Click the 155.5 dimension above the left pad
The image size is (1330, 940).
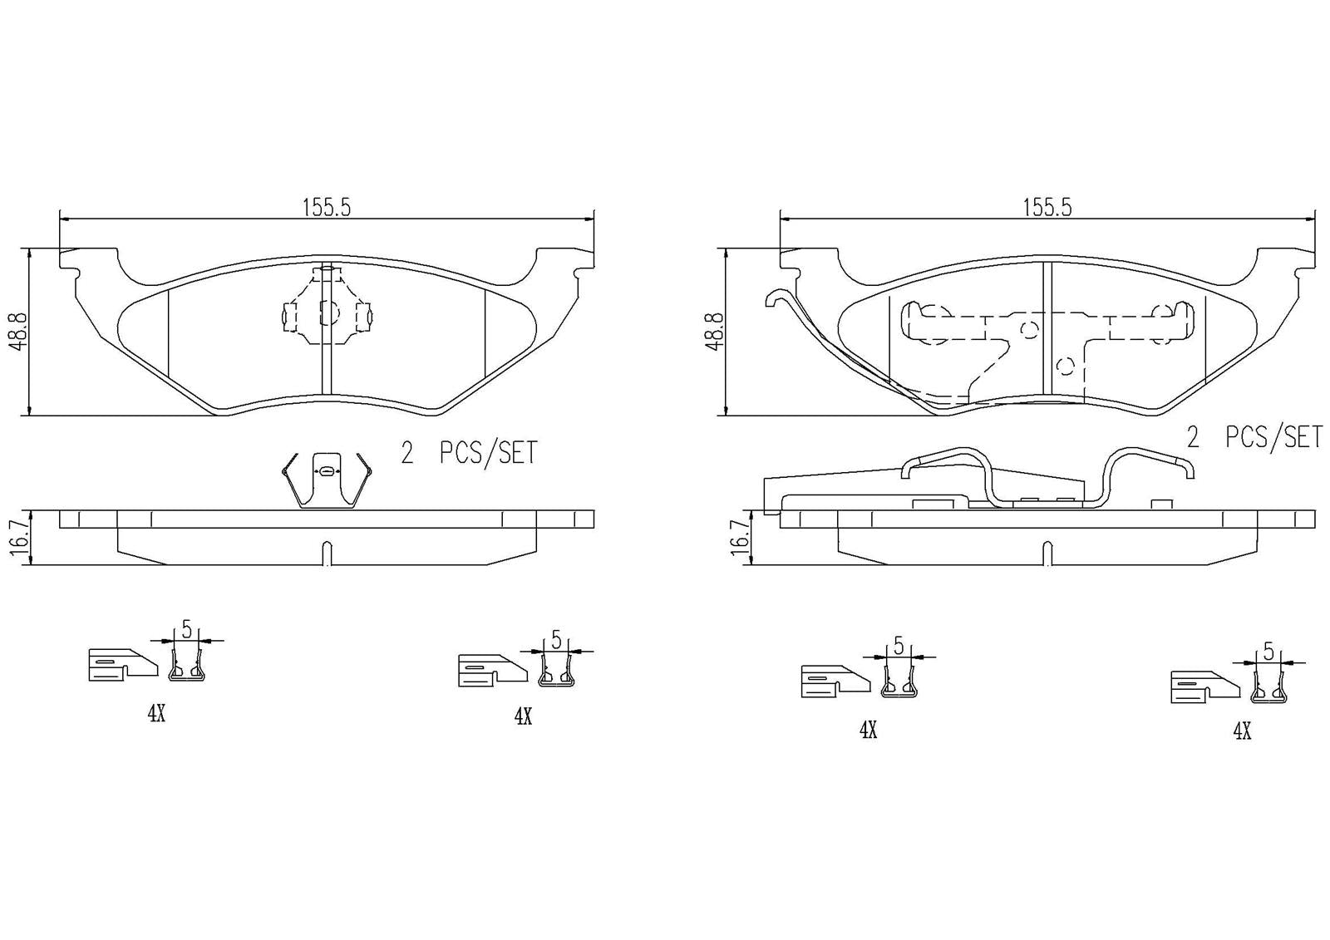(x=327, y=208)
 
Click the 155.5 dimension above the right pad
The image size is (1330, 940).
(x=1047, y=208)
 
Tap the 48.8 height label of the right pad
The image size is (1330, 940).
(x=713, y=332)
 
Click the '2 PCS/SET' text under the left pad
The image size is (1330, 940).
(x=469, y=454)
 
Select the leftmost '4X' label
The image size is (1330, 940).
(x=156, y=714)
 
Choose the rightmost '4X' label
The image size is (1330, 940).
(x=1242, y=731)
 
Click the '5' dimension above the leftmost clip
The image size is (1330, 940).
(x=186, y=629)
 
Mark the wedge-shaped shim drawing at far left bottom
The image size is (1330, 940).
(x=121, y=664)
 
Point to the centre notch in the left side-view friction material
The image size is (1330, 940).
(x=327, y=553)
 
